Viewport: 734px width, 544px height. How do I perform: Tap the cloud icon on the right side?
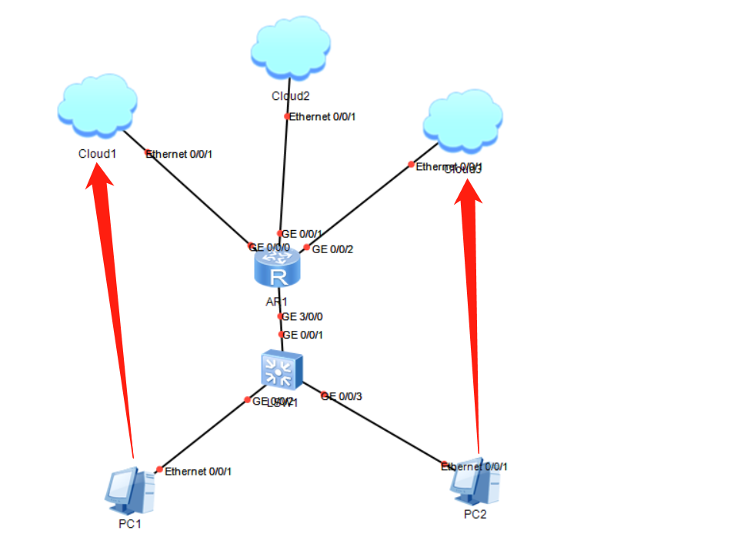[x=464, y=122]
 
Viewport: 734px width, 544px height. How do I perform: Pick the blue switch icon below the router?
[x=279, y=371]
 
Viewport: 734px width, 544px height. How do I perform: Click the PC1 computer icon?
[x=128, y=490]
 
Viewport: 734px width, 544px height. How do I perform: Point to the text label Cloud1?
[x=97, y=153]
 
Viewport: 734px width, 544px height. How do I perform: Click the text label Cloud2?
[x=290, y=96]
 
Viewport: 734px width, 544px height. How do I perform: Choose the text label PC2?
[x=475, y=514]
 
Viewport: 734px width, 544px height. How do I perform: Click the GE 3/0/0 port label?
[x=302, y=316]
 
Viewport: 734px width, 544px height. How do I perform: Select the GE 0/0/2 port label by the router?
[x=332, y=249]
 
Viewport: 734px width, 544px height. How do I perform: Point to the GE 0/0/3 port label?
[x=342, y=396]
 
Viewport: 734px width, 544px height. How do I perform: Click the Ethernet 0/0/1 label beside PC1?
[x=198, y=471]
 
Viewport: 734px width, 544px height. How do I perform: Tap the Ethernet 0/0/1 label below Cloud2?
[x=323, y=117]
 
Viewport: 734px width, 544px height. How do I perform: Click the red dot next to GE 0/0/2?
[x=306, y=248]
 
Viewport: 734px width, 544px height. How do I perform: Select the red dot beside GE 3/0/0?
[x=280, y=316]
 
